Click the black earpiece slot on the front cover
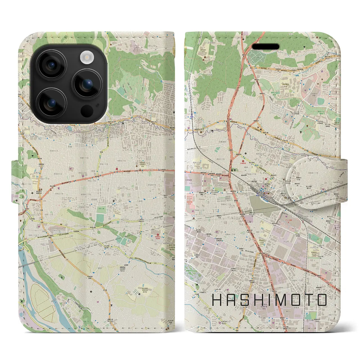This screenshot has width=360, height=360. (x=265, y=46)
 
